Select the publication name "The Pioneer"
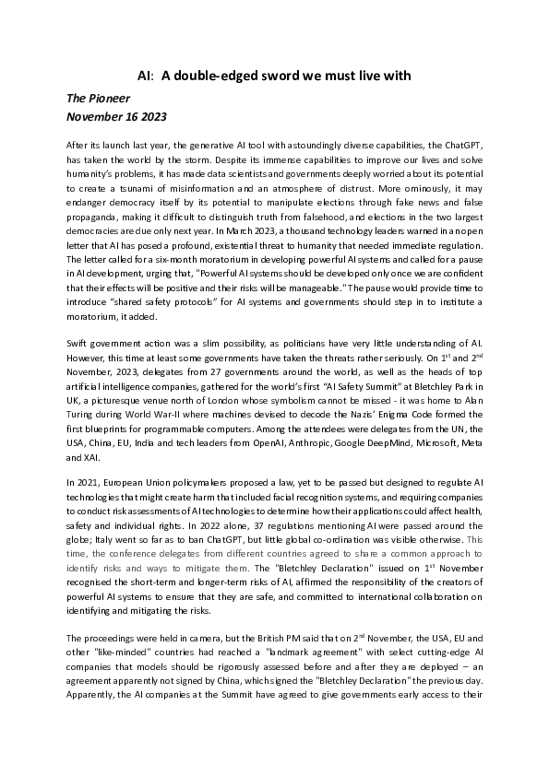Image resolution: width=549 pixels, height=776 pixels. click(97, 98)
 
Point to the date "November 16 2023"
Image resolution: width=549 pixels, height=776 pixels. click(115, 117)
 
